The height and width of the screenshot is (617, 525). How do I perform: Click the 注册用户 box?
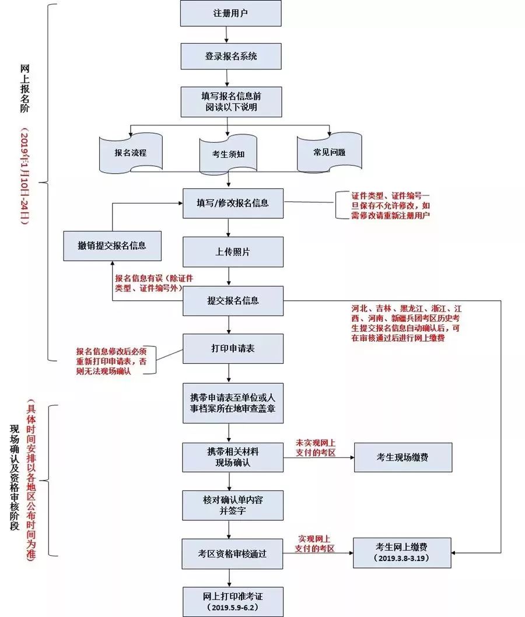230,13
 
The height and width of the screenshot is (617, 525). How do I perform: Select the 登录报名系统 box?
230,57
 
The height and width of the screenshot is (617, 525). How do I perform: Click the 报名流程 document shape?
131,153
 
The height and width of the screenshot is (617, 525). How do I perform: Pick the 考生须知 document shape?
228,155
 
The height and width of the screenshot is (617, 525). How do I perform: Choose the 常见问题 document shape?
329,152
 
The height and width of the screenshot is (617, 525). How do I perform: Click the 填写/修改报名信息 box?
233,204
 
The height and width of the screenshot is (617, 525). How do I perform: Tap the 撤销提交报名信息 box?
112,246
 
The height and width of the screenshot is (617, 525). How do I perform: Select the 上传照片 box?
233,251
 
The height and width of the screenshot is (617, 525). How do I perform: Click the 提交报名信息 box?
233,301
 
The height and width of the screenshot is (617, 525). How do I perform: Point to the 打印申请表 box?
233,349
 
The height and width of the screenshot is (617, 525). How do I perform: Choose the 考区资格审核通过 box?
233,553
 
